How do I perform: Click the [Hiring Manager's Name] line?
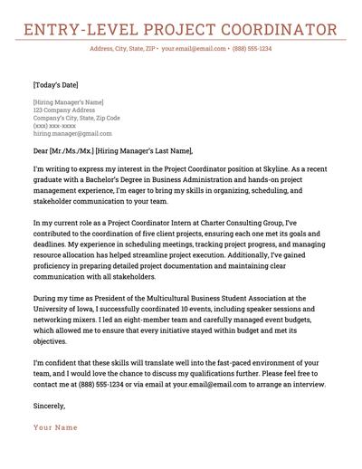pyautogui.click(x=68, y=101)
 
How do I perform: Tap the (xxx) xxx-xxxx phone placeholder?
pyautogui.click(x=52, y=126)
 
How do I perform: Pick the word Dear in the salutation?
pyautogui.click(x=43, y=151)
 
